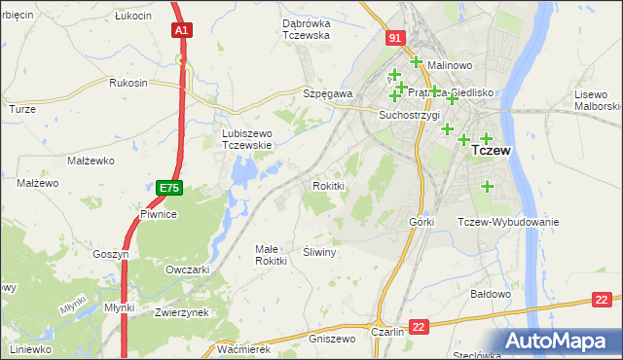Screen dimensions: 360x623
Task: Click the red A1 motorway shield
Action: coord(181,30)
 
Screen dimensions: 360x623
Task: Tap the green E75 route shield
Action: coord(169,186)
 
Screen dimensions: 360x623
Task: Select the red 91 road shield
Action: coord(393,38)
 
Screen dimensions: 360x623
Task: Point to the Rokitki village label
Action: coord(328,185)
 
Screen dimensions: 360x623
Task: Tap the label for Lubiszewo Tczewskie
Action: coord(245,138)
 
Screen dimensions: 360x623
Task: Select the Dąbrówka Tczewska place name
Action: coord(292,29)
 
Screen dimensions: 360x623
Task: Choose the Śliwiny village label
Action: coord(319,252)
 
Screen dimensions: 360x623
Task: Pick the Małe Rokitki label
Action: coord(271,255)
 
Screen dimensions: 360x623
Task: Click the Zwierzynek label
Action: coord(182,312)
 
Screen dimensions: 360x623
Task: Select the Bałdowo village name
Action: coord(491,293)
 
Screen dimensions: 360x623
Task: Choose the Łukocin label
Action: coord(132,17)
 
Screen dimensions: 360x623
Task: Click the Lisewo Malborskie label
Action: coord(597,99)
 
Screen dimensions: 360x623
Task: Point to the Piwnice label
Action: coord(158,214)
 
